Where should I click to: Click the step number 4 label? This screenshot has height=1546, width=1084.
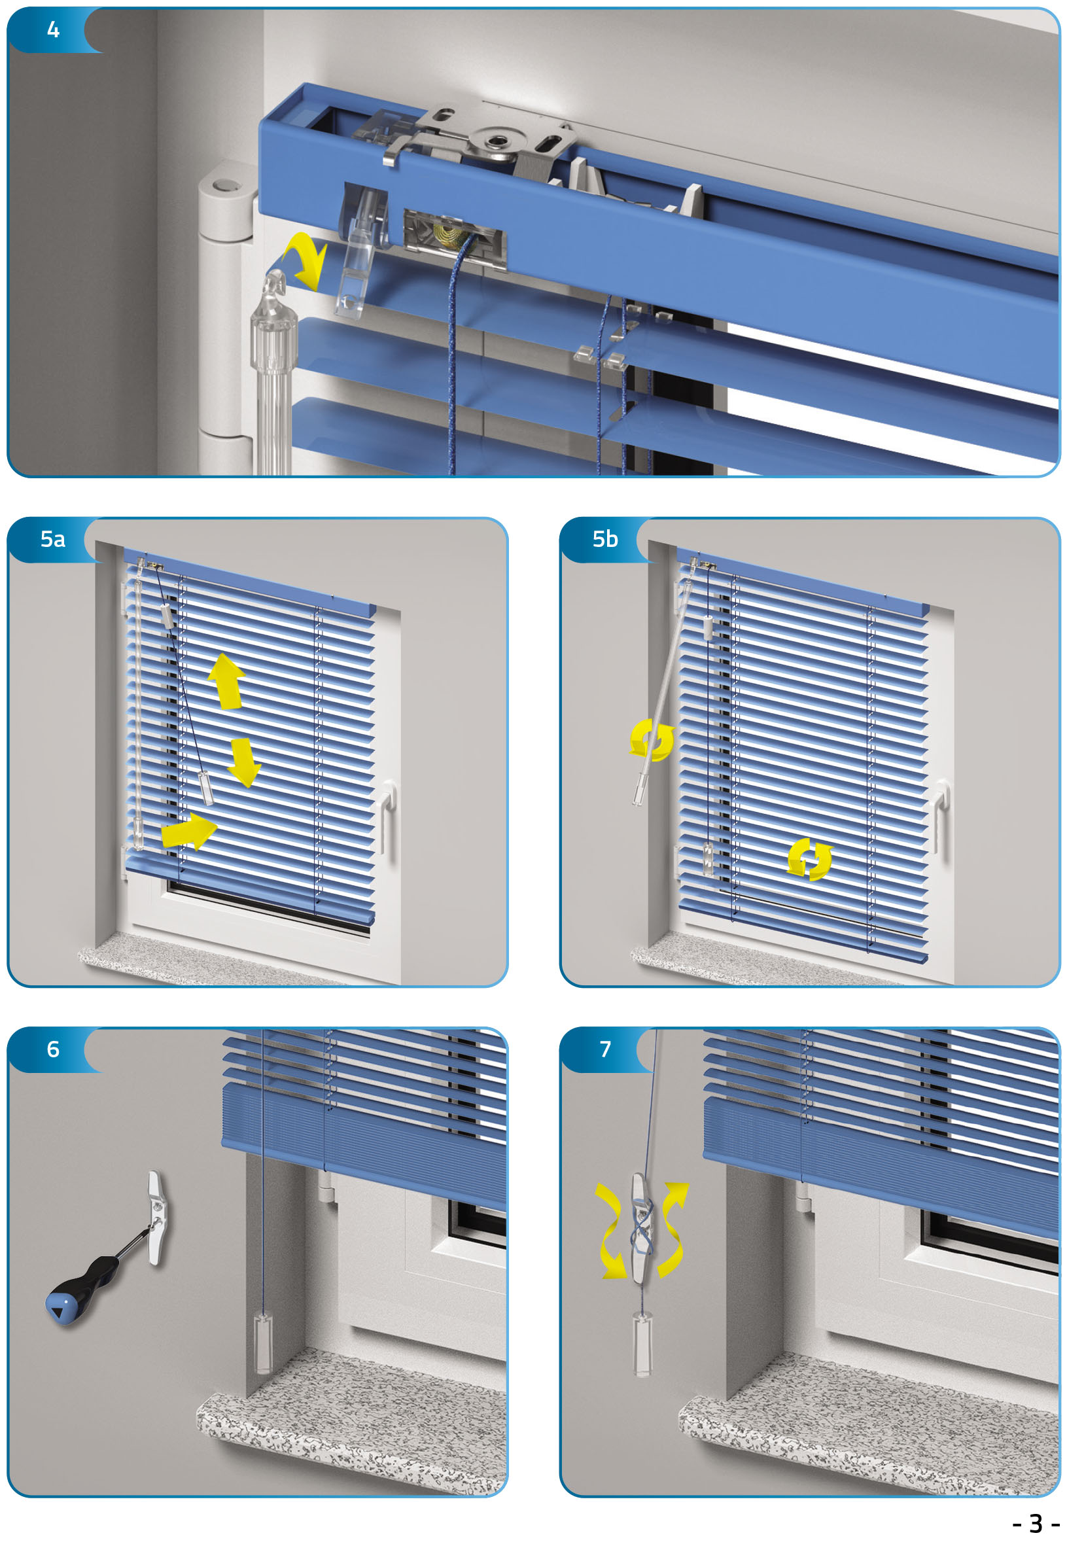53,29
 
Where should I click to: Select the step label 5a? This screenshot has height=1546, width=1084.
52,539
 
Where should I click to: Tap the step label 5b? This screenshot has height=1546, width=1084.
605,539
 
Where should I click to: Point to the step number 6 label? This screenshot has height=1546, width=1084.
53,1049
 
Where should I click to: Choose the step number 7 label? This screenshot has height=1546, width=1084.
605,1049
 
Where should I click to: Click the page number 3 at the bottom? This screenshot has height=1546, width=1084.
1036,1523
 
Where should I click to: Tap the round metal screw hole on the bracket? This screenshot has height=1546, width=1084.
499,141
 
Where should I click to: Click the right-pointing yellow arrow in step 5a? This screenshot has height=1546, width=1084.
189,831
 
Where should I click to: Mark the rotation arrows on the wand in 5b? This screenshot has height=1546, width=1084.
652,740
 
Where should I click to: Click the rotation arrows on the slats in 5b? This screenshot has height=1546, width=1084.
810,860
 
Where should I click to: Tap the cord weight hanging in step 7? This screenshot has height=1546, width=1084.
643,1346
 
